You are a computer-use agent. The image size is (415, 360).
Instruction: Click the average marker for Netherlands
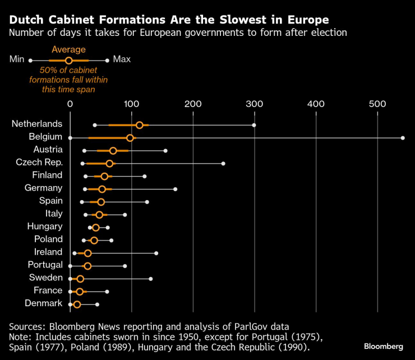(x=140, y=125)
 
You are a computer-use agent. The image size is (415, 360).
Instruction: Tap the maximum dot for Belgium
(x=403, y=137)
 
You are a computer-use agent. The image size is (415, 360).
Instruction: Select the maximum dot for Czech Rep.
(x=223, y=163)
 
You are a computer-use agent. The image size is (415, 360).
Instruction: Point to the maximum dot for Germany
(x=176, y=189)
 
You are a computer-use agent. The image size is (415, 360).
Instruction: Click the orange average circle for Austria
(x=113, y=151)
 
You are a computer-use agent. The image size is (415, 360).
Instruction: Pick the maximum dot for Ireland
(x=156, y=253)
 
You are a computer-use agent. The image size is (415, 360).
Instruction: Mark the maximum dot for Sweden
(x=151, y=279)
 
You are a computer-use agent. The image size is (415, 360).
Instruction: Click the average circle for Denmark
(x=77, y=304)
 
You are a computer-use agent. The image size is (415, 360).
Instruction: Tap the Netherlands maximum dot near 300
(x=254, y=125)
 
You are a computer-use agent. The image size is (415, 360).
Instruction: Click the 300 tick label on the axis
(x=255, y=104)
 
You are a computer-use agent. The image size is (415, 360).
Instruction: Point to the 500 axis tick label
(x=377, y=104)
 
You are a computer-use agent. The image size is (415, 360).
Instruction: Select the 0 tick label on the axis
(x=70, y=104)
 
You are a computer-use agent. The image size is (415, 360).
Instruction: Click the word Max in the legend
(x=122, y=59)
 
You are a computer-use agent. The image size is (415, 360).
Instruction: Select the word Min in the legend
(x=17, y=59)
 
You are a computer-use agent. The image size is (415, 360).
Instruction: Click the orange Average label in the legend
(x=68, y=50)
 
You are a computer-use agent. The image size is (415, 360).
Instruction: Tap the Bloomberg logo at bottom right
(x=384, y=346)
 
